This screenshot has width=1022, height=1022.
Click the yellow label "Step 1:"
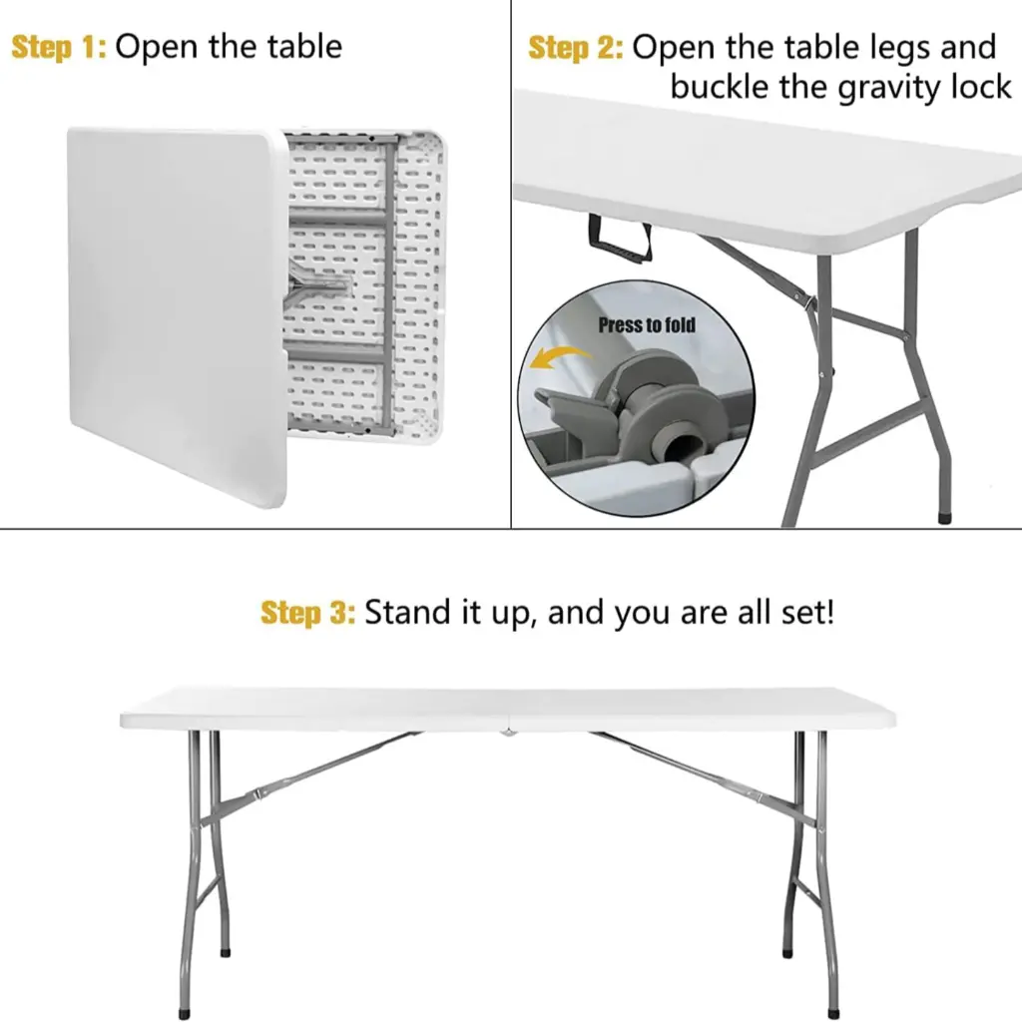click(x=58, y=47)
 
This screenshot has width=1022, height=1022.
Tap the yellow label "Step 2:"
click(x=576, y=47)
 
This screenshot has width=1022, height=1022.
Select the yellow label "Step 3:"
click(x=307, y=612)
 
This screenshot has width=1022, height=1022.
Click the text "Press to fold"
click(x=647, y=324)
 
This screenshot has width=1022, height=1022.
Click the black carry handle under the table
click(x=620, y=236)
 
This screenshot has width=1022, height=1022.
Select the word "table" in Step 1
click(x=298, y=47)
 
